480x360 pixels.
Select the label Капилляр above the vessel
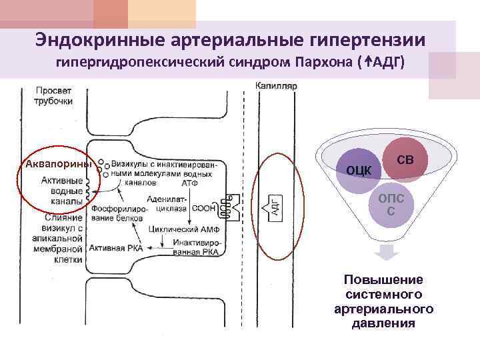coord(275,86)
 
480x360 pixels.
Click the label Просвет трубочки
coord(54,95)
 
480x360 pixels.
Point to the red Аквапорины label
coord(57,165)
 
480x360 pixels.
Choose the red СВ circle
coord(406,159)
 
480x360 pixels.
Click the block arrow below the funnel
coord(386,253)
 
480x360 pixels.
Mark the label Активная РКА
coord(119,247)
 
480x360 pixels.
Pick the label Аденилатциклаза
coord(170,203)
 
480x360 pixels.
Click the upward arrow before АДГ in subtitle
coord(367,63)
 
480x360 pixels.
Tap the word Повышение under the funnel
coord(383,279)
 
